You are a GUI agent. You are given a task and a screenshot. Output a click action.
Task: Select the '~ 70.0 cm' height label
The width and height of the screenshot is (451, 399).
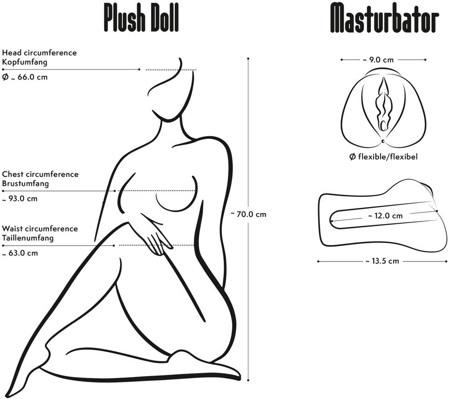(249, 214)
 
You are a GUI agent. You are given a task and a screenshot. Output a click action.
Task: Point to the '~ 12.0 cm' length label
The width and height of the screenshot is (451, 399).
(385, 216)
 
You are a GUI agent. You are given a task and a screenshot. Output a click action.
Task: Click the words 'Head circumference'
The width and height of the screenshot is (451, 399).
(39, 53)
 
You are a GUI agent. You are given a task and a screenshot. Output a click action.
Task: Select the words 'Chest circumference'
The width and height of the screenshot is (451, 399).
(40, 174)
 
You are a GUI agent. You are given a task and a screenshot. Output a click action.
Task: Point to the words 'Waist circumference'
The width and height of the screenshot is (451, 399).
(40, 229)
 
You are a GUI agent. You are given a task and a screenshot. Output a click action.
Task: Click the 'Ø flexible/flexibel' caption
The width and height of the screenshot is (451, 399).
(383, 157)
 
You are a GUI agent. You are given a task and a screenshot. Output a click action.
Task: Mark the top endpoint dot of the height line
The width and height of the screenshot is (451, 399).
(248, 59)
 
